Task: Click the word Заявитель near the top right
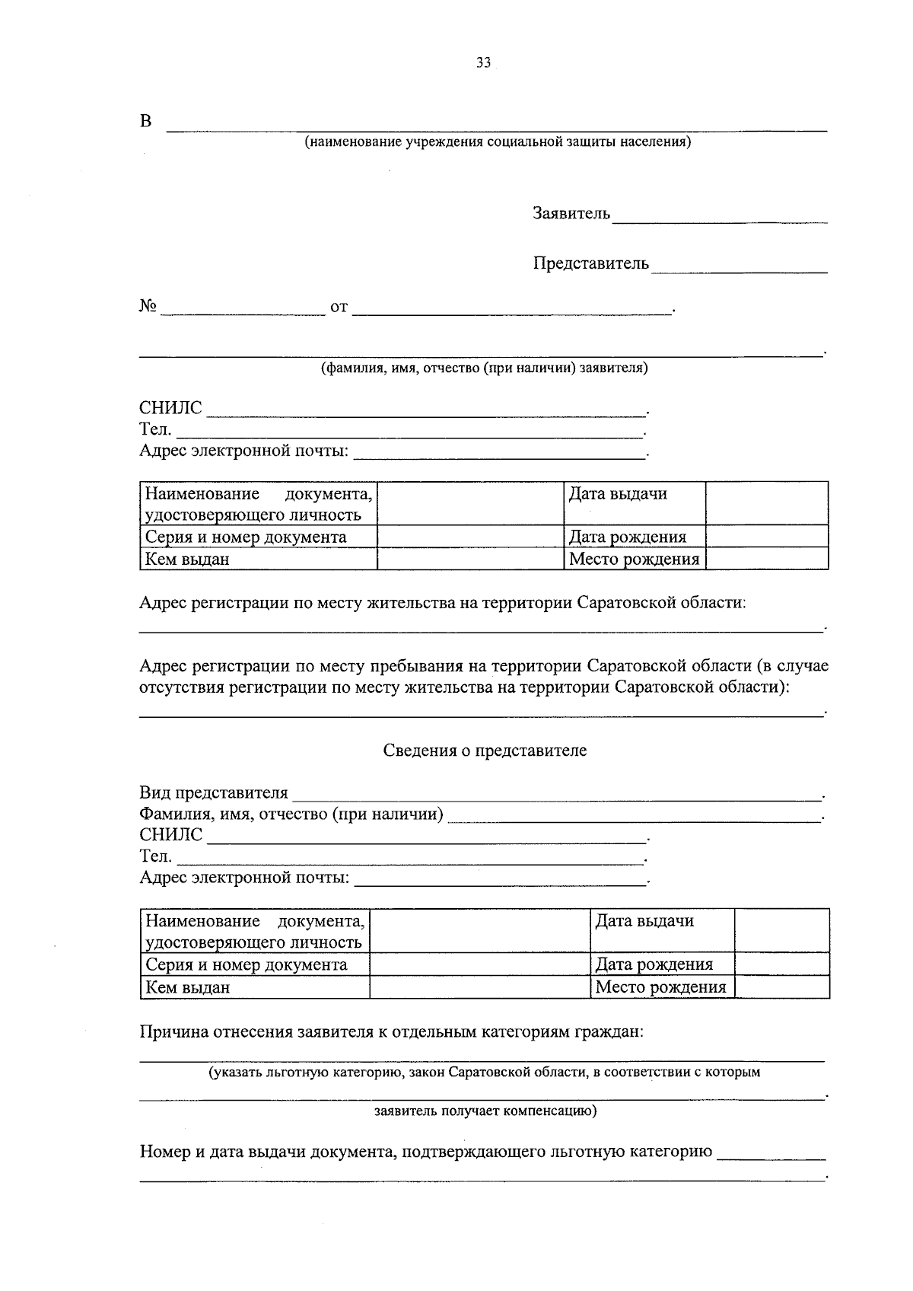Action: tap(571, 213)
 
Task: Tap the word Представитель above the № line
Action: tap(591, 263)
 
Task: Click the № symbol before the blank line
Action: tap(148, 307)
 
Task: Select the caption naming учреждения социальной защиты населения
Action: tap(498, 142)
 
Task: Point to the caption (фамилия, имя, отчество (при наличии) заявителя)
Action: tap(483, 368)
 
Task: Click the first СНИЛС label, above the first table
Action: tap(170, 408)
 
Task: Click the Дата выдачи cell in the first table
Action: tap(618, 494)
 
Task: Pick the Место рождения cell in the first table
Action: tap(634, 559)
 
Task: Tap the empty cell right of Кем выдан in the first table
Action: tap(469, 559)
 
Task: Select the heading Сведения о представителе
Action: tap(485, 751)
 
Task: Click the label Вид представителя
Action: tap(214, 793)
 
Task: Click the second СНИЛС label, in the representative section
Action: tap(170, 835)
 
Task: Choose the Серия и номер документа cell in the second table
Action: tap(247, 965)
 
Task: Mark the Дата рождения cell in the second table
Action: tap(654, 964)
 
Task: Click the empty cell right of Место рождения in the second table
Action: tap(781, 987)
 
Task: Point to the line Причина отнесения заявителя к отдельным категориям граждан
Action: tap(392, 1033)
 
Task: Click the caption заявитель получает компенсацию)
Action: tap(485, 1111)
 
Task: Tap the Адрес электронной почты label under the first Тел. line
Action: tap(243, 451)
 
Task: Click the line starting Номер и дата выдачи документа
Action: tap(426, 1152)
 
